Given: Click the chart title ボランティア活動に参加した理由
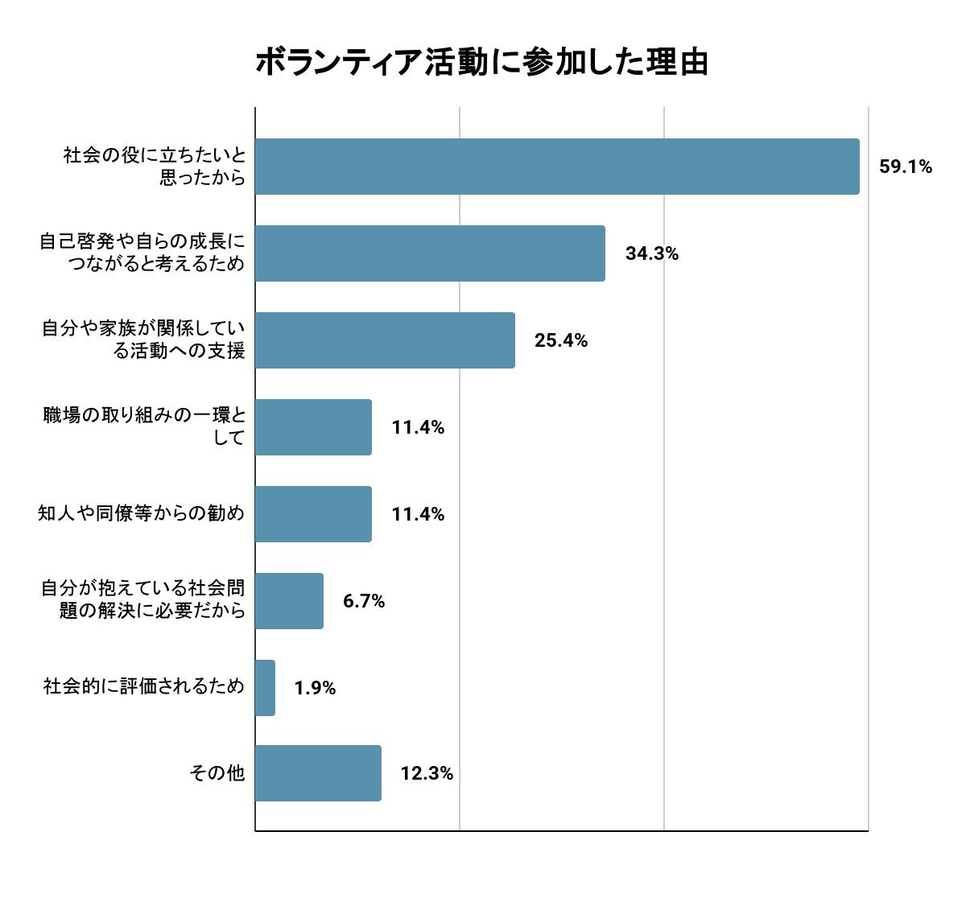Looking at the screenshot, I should click(x=481, y=63).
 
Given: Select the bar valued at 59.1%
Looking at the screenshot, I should click(x=557, y=167).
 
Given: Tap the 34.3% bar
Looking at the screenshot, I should click(x=430, y=253).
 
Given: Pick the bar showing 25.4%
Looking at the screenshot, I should click(x=385, y=340).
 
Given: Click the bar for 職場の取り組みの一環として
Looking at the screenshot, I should click(x=313, y=427).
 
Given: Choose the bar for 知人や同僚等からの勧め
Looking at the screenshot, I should click(x=313, y=514).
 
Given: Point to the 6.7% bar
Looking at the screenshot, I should click(x=289, y=601).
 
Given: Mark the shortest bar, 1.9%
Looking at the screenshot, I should click(x=265, y=688).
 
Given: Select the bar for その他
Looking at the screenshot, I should click(x=318, y=773).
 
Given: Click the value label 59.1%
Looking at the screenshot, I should click(x=906, y=167).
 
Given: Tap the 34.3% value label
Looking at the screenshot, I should click(x=652, y=254).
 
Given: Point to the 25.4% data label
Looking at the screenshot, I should click(x=561, y=341).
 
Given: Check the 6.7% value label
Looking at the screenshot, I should click(x=364, y=601).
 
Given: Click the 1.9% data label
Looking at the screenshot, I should click(x=315, y=688).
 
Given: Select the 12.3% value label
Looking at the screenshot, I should click(x=427, y=774).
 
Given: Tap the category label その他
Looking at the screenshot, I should click(x=217, y=773).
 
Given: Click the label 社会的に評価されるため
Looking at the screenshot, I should click(x=143, y=687).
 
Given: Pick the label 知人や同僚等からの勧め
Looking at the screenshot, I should click(x=141, y=513).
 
